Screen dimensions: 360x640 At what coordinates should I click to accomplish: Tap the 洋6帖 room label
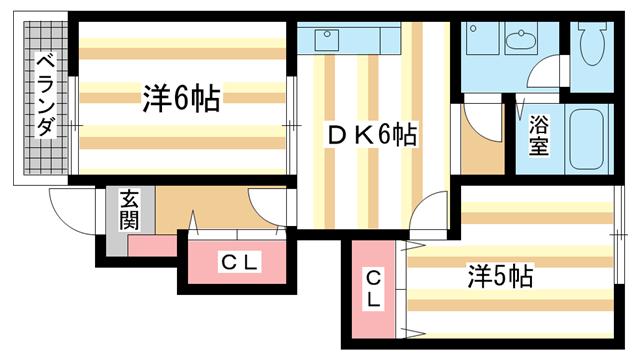click(181, 98)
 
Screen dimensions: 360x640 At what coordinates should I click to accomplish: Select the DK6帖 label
click(369, 132)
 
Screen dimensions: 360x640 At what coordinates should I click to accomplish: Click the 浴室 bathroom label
click(539, 134)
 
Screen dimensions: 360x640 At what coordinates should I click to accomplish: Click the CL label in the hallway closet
click(240, 263)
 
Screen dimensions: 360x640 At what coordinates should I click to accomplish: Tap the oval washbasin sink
click(521, 42)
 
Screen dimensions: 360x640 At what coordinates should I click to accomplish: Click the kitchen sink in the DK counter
click(327, 40)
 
